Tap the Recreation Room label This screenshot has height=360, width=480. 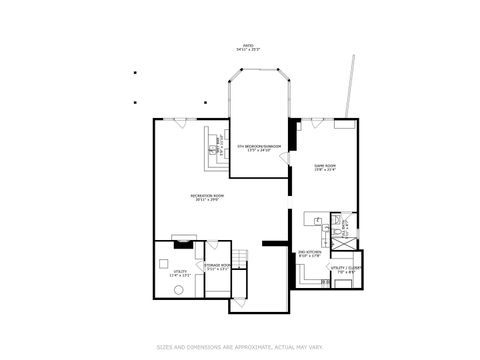[x=207, y=197]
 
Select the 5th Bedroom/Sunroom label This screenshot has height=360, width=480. [x=258, y=148]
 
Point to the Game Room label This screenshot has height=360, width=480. [x=325, y=167]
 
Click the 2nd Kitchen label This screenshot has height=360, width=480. [x=309, y=254]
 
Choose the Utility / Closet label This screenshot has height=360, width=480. [x=346, y=269]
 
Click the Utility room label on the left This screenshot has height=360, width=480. [x=181, y=272]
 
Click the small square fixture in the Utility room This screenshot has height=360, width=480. [x=165, y=265]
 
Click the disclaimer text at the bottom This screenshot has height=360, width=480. [x=240, y=348]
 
